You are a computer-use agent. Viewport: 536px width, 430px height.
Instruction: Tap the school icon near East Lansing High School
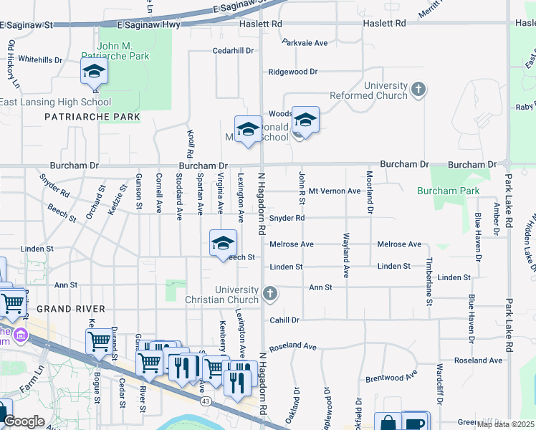[x=94, y=72]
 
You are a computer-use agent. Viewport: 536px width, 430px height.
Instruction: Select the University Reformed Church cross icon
[x=418, y=90]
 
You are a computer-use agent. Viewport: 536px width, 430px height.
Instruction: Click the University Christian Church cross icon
[x=269, y=292]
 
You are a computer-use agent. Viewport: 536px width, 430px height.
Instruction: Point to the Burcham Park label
[x=449, y=191]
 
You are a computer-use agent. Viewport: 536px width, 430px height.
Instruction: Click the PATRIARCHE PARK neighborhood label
[x=91, y=116]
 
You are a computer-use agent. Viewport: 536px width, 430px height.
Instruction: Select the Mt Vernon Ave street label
[x=335, y=191]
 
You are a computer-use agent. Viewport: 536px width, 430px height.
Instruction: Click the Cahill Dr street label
[x=284, y=320]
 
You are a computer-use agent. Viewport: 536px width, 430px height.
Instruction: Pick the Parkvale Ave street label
[x=305, y=43]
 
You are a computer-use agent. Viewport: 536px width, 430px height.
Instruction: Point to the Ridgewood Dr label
[x=292, y=72]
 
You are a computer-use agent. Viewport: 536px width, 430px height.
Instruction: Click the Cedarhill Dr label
[x=234, y=51]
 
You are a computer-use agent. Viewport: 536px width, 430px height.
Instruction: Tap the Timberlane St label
[x=429, y=282]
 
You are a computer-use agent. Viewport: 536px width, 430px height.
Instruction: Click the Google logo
[x=24, y=422]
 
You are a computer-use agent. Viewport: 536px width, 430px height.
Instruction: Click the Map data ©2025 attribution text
[x=505, y=424]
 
